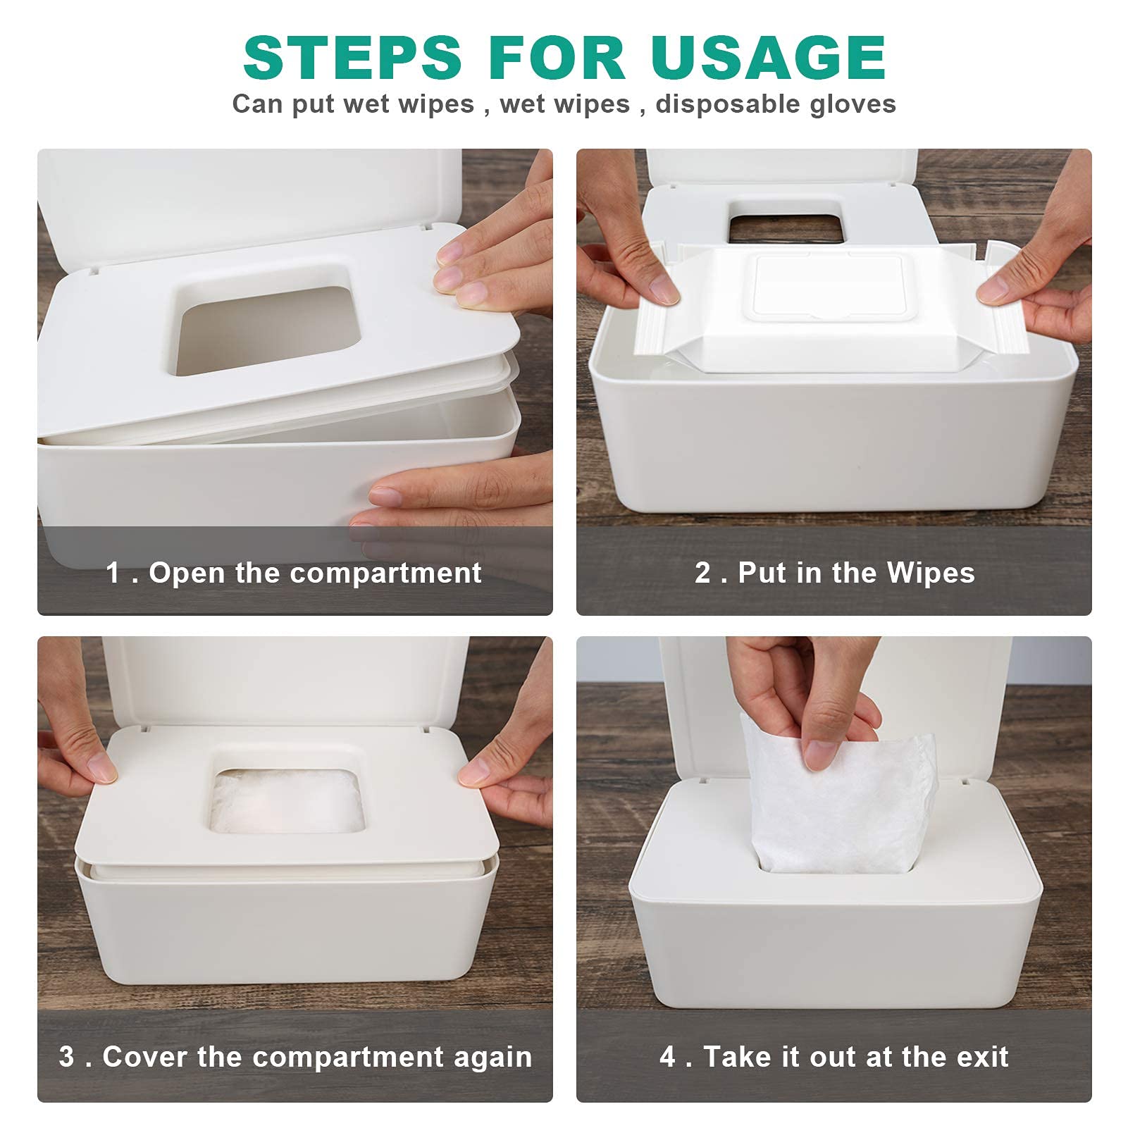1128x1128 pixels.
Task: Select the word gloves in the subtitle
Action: click(853, 104)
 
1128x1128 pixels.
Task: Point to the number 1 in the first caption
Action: click(113, 573)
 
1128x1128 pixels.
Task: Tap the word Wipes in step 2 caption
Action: click(931, 573)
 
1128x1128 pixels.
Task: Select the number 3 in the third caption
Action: click(66, 1057)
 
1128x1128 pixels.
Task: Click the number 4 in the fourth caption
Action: click(667, 1057)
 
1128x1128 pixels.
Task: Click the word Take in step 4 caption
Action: click(734, 1057)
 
